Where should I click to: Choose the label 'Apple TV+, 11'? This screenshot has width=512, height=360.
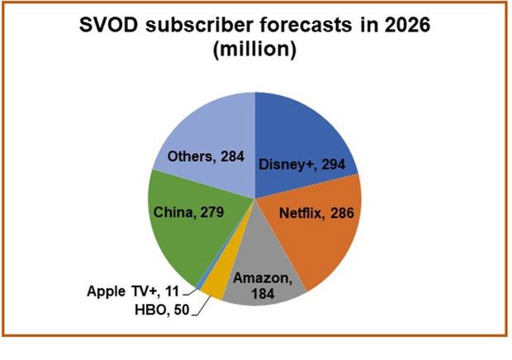coord(133,291)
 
